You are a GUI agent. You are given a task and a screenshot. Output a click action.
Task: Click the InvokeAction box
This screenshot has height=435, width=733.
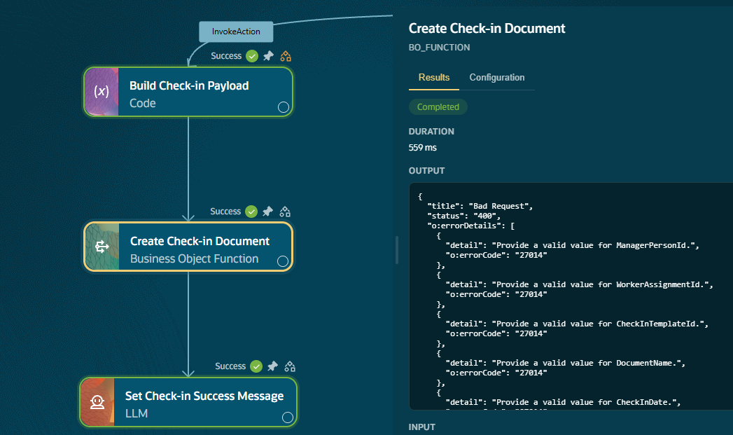236,32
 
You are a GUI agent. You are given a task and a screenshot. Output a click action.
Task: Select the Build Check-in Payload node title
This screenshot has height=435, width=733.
189,85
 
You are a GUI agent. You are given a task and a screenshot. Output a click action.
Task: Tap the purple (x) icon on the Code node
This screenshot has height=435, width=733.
102,92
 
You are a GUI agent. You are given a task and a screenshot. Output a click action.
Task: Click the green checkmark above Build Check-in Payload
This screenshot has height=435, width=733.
252,56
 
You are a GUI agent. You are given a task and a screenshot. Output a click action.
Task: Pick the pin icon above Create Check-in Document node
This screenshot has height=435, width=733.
267,212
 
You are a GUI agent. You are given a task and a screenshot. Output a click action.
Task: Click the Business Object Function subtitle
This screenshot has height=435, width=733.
194,258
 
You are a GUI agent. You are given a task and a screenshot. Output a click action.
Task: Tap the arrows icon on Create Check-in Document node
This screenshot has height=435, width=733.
102,247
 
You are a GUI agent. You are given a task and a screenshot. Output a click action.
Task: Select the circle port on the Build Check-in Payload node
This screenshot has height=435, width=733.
284,107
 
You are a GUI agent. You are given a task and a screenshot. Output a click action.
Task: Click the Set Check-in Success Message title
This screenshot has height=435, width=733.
204,396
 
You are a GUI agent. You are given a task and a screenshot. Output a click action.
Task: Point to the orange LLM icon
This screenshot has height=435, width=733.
97,402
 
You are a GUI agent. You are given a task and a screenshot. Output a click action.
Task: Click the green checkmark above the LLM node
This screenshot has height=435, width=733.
256,366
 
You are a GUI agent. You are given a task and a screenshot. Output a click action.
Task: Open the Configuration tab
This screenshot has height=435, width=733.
497,77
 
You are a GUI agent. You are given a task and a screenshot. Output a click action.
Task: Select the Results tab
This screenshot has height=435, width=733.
434,77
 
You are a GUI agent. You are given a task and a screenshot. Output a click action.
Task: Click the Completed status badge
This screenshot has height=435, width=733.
438,106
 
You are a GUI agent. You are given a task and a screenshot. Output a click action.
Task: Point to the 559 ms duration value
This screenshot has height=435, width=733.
423,147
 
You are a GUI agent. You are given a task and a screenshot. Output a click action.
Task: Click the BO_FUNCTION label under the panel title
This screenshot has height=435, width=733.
440,47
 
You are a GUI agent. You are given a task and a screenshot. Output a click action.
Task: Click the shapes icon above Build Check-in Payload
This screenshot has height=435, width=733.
286,56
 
